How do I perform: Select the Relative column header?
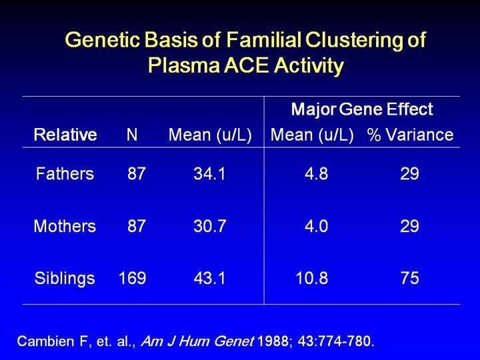point(65,135)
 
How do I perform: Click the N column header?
point(132,135)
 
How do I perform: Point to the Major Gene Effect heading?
point(363,109)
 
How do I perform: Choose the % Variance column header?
point(410,135)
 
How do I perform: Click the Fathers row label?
point(65,174)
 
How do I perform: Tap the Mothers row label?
point(65,226)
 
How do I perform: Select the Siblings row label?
point(65,278)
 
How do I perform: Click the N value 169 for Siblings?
point(132,278)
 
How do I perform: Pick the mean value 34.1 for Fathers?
point(210,174)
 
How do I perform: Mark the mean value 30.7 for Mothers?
point(210,226)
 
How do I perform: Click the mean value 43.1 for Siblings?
point(210,278)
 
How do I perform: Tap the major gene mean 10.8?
point(311,278)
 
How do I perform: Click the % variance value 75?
point(410,278)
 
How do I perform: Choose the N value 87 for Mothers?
point(137,226)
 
